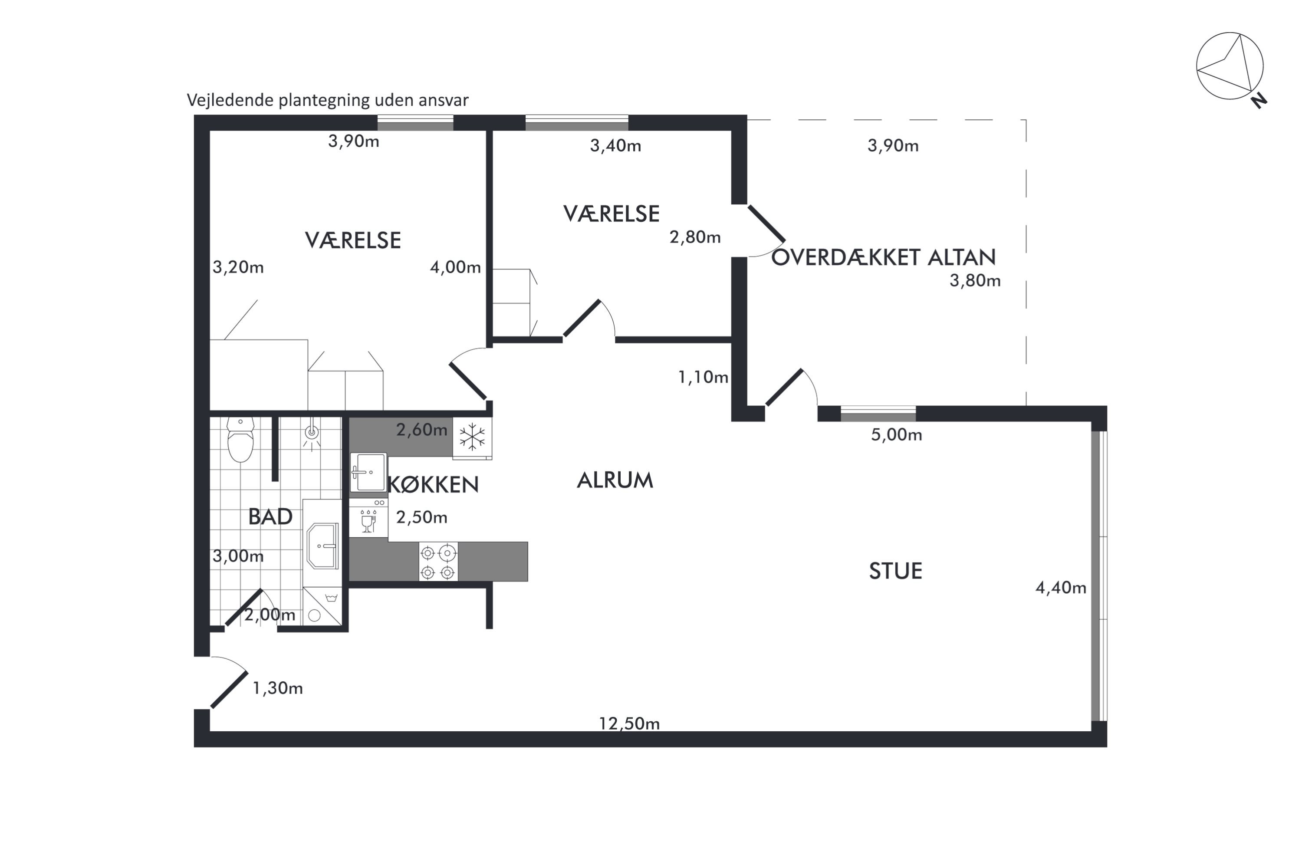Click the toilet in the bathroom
pos(241,440)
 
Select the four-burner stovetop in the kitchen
pos(438,562)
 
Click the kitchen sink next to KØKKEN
pos(368,472)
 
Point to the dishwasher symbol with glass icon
pos(368,518)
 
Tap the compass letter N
pos(1259,101)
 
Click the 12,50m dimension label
pos(629,723)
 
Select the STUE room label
pos(896,571)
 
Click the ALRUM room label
pos(615,480)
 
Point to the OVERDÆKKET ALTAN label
pos(884,257)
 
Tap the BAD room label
pos(270,516)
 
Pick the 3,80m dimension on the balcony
pos(975,281)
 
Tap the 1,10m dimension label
pos(703,377)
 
